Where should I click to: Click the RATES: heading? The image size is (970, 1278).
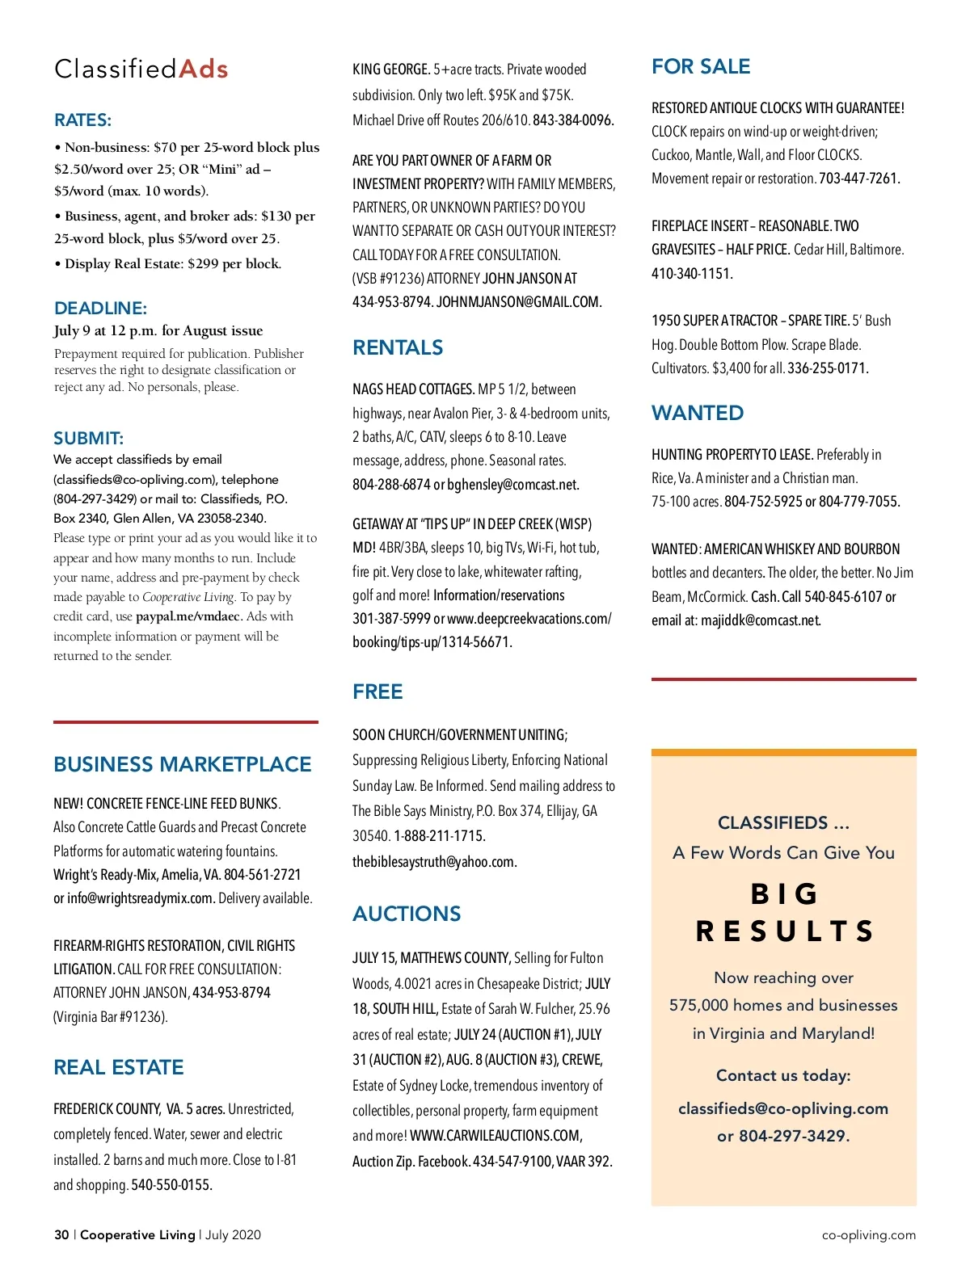coord(82,120)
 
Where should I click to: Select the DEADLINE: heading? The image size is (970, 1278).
coord(100,308)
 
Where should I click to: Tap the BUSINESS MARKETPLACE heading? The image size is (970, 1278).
coord(182,764)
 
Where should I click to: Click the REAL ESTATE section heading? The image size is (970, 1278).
coord(118,1067)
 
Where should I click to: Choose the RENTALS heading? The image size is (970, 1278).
coord(398,347)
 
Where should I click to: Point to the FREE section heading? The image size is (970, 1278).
coord(377,692)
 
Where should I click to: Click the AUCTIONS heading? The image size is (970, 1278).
coord(407,914)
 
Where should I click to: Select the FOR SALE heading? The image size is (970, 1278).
coord(701,66)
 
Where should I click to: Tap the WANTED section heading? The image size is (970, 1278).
coord(698,413)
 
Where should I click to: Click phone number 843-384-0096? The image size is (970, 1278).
coord(573,120)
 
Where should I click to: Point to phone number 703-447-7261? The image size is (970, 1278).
coord(859,179)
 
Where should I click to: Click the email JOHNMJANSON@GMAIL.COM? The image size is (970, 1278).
coord(519,302)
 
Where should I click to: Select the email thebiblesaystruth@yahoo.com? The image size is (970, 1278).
coord(434,862)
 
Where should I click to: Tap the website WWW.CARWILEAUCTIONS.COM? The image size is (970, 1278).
coord(496,1136)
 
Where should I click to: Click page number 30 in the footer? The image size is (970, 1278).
coord(61,1234)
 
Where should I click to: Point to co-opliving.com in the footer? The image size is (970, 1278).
coord(868,1234)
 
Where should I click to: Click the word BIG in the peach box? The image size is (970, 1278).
coord(783,894)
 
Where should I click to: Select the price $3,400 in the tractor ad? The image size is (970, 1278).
coord(731,368)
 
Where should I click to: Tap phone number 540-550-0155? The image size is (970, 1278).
coord(171,1185)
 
